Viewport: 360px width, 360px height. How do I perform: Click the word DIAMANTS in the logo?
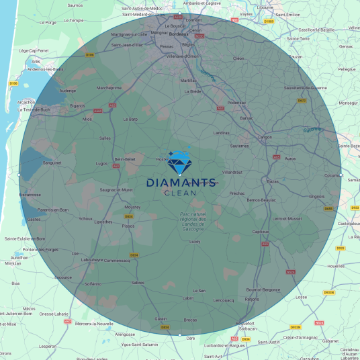[x=181, y=183]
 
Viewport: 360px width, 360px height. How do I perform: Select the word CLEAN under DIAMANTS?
[x=181, y=193]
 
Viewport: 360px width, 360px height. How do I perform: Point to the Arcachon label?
[x=27, y=103]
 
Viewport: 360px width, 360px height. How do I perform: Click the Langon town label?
[x=265, y=137]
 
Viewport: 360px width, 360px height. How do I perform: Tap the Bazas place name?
[x=273, y=181]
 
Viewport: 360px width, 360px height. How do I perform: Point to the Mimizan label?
[x=13, y=264]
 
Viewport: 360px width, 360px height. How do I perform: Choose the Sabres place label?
[x=138, y=283]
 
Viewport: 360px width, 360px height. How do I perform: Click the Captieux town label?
[x=261, y=232]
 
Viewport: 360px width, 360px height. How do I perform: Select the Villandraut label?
[x=232, y=172]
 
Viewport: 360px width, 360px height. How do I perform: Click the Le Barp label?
[x=130, y=119]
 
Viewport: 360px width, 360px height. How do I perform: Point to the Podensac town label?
[x=237, y=102]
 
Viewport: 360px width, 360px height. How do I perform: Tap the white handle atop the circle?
[x=180, y=13]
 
